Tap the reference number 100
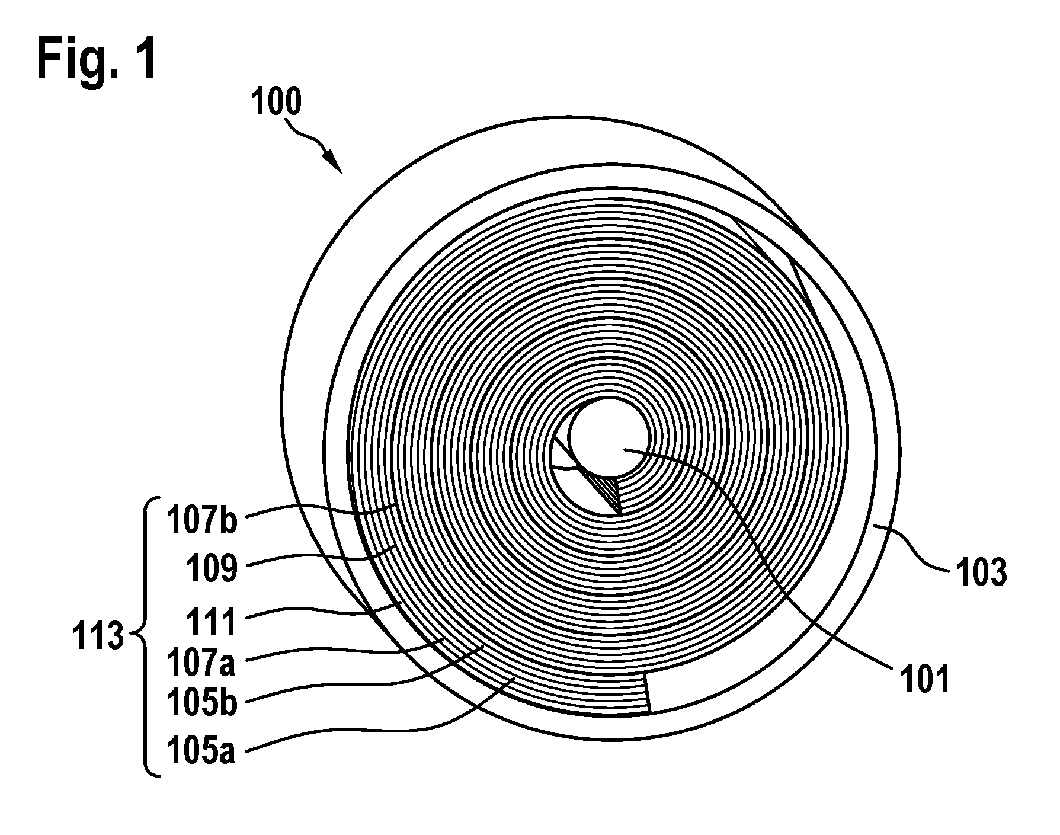276,102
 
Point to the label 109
212,569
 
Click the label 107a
201,663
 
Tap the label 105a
201,751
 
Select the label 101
925,679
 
